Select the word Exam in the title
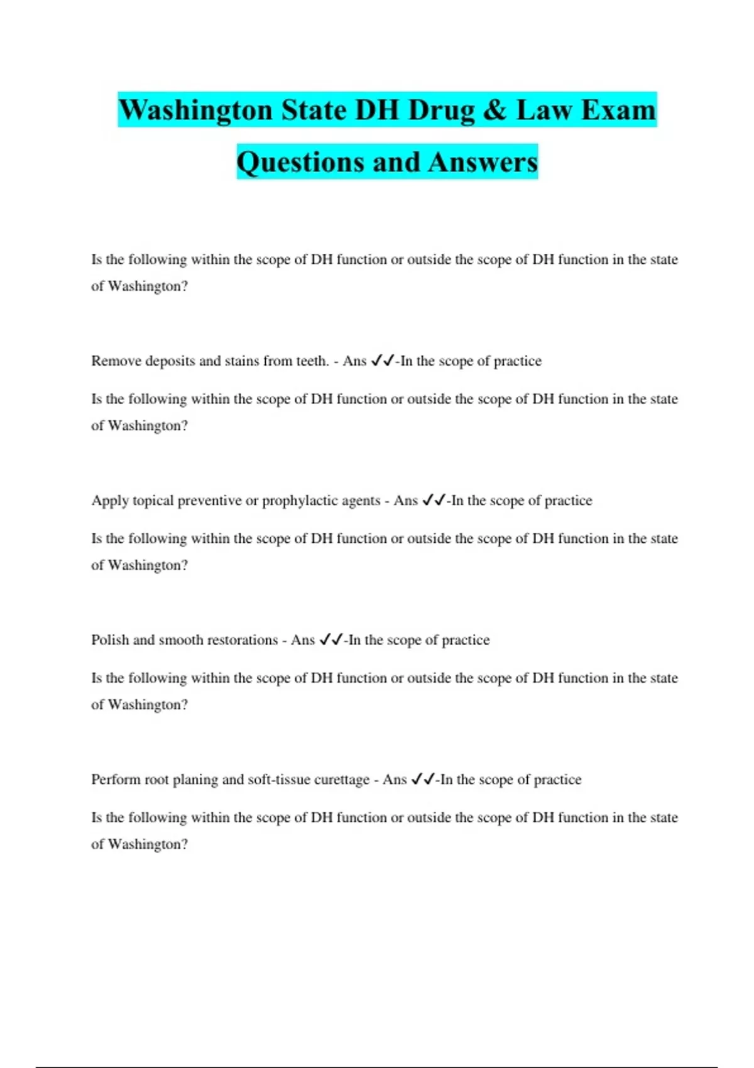[618, 110]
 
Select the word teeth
[312, 361]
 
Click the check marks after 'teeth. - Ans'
[383, 361]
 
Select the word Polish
[110, 640]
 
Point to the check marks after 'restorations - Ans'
[331, 640]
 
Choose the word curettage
[341, 780]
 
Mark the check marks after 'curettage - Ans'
[423, 779]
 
